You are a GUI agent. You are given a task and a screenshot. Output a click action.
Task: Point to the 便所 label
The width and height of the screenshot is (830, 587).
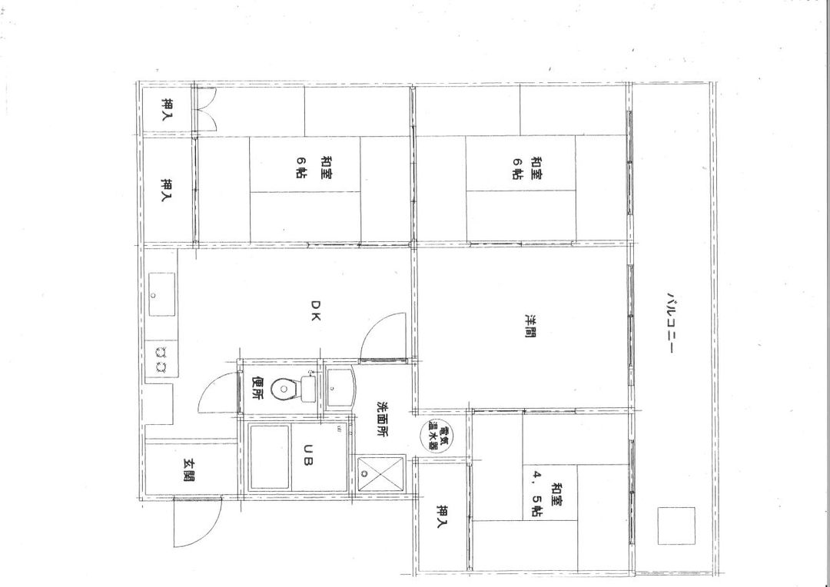(x=257, y=387)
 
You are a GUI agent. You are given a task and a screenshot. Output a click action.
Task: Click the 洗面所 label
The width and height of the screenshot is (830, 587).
(x=381, y=420)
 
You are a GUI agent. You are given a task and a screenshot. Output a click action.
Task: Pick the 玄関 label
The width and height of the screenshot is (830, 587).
(x=188, y=469)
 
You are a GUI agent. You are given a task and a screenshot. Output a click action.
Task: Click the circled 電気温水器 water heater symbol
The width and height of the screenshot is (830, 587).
(x=436, y=435)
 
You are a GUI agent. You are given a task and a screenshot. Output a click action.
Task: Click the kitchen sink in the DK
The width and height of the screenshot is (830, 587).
(x=161, y=293)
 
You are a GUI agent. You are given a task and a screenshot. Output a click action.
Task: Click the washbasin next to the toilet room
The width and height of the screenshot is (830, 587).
(x=338, y=387)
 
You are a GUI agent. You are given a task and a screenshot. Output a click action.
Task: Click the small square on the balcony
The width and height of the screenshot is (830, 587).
(x=676, y=526)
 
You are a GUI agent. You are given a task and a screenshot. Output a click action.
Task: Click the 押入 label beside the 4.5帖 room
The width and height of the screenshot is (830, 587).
(x=442, y=516)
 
